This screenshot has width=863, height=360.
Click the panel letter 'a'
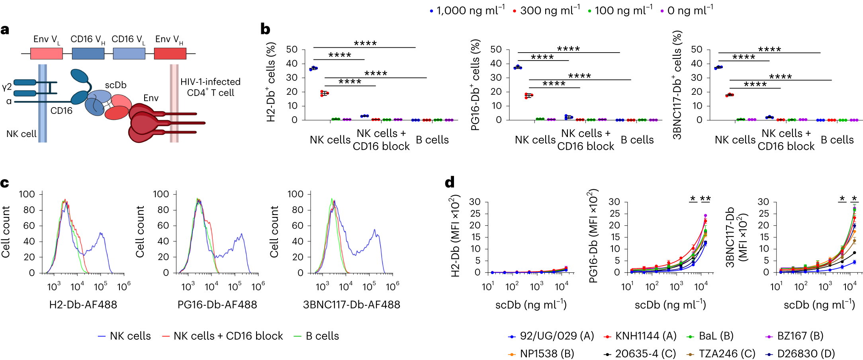coord(5,30)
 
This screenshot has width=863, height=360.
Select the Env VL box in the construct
coord(46,54)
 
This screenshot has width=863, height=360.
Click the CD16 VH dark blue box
coord(88,54)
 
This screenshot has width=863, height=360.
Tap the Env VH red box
coord(170,54)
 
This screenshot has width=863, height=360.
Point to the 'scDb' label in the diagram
coord(115,85)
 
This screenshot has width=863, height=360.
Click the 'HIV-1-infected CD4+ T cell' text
coord(210,87)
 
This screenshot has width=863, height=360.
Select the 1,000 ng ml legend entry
coord(467,10)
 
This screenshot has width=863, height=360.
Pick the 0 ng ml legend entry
coord(687,10)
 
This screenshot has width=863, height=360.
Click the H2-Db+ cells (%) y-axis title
coord(271,82)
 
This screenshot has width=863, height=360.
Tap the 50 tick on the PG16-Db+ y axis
coord(496,49)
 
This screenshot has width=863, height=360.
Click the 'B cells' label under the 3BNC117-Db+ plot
coord(837,140)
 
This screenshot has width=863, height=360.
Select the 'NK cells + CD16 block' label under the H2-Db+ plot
coord(381,140)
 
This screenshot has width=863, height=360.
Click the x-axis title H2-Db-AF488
coord(83,305)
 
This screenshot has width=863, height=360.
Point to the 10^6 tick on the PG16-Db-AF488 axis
coord(258,286)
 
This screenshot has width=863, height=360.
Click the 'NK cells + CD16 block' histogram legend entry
coord(223,336)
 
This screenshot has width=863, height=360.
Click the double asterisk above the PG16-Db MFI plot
coord(705,198)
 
